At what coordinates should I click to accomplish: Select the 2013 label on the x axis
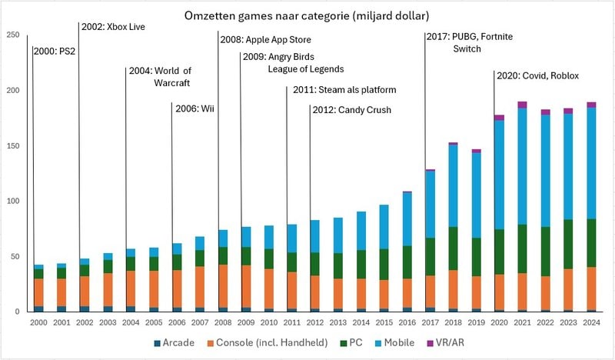337,322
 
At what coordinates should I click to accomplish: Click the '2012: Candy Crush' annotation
352,110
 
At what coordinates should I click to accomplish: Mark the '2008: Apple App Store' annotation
266,39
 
